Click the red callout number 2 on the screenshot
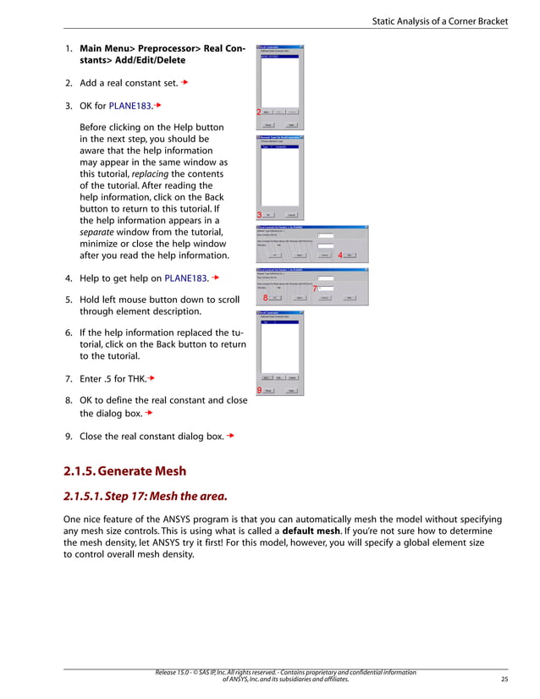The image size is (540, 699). coord(258,113)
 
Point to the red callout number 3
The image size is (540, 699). coord(259,214)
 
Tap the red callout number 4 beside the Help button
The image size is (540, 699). coord(339,255)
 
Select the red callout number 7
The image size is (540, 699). coord(315,289)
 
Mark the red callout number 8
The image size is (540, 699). coord(265,298)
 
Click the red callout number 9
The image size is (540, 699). coord(258,390)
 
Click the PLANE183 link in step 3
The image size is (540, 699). coord(129,107)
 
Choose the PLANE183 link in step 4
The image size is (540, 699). coord(186,277)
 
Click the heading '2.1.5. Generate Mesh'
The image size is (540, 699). coord(124,471)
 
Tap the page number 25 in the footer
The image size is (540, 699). coord(505,679)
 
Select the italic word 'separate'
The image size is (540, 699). coord(98,233)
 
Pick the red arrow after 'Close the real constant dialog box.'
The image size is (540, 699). coord(230,437)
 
